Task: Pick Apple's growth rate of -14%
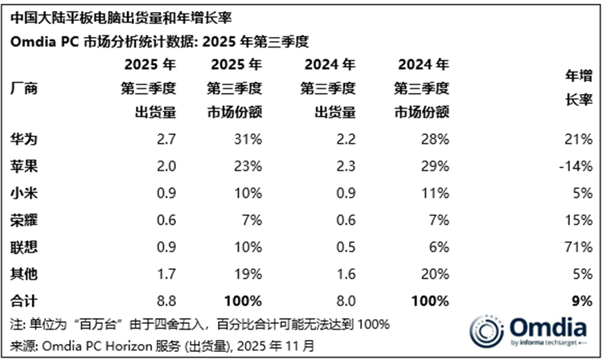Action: [x=576, y=167]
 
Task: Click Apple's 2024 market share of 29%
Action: [x=435, y=167]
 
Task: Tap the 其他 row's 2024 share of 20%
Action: [x=435, y=275]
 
